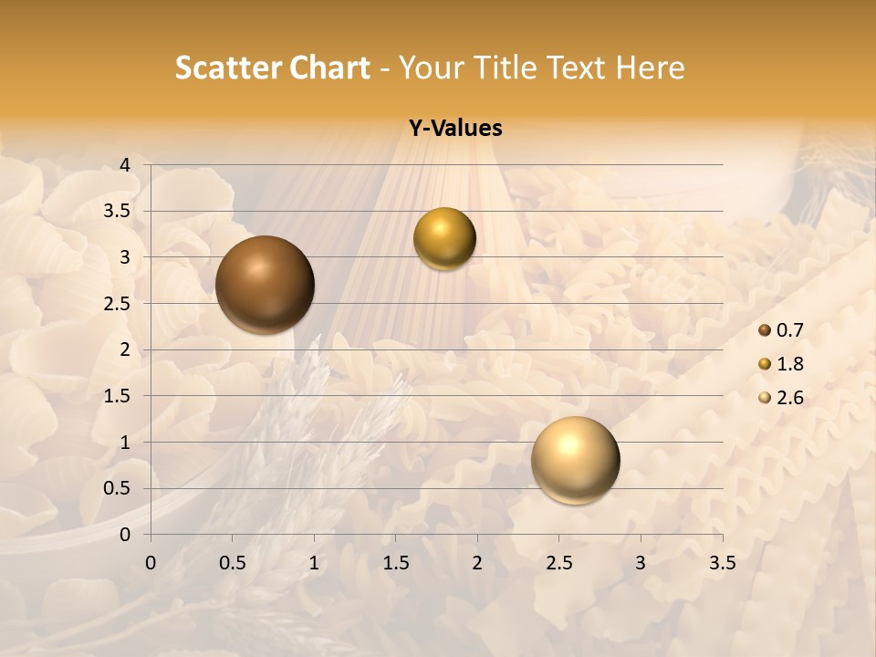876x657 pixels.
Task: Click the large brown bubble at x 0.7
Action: pos(265,285)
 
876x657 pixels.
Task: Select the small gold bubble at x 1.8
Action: pos(444,238)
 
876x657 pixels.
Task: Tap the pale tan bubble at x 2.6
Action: pos(575,460)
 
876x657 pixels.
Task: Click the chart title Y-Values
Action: pos(455,129)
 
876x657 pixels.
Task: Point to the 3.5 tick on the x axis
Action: pos(722,563)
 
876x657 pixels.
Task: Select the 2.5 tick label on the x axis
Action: pos(558,563)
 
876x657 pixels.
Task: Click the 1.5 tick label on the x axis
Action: pos(395,563)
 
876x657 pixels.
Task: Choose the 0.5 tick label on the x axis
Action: pos(232,563)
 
